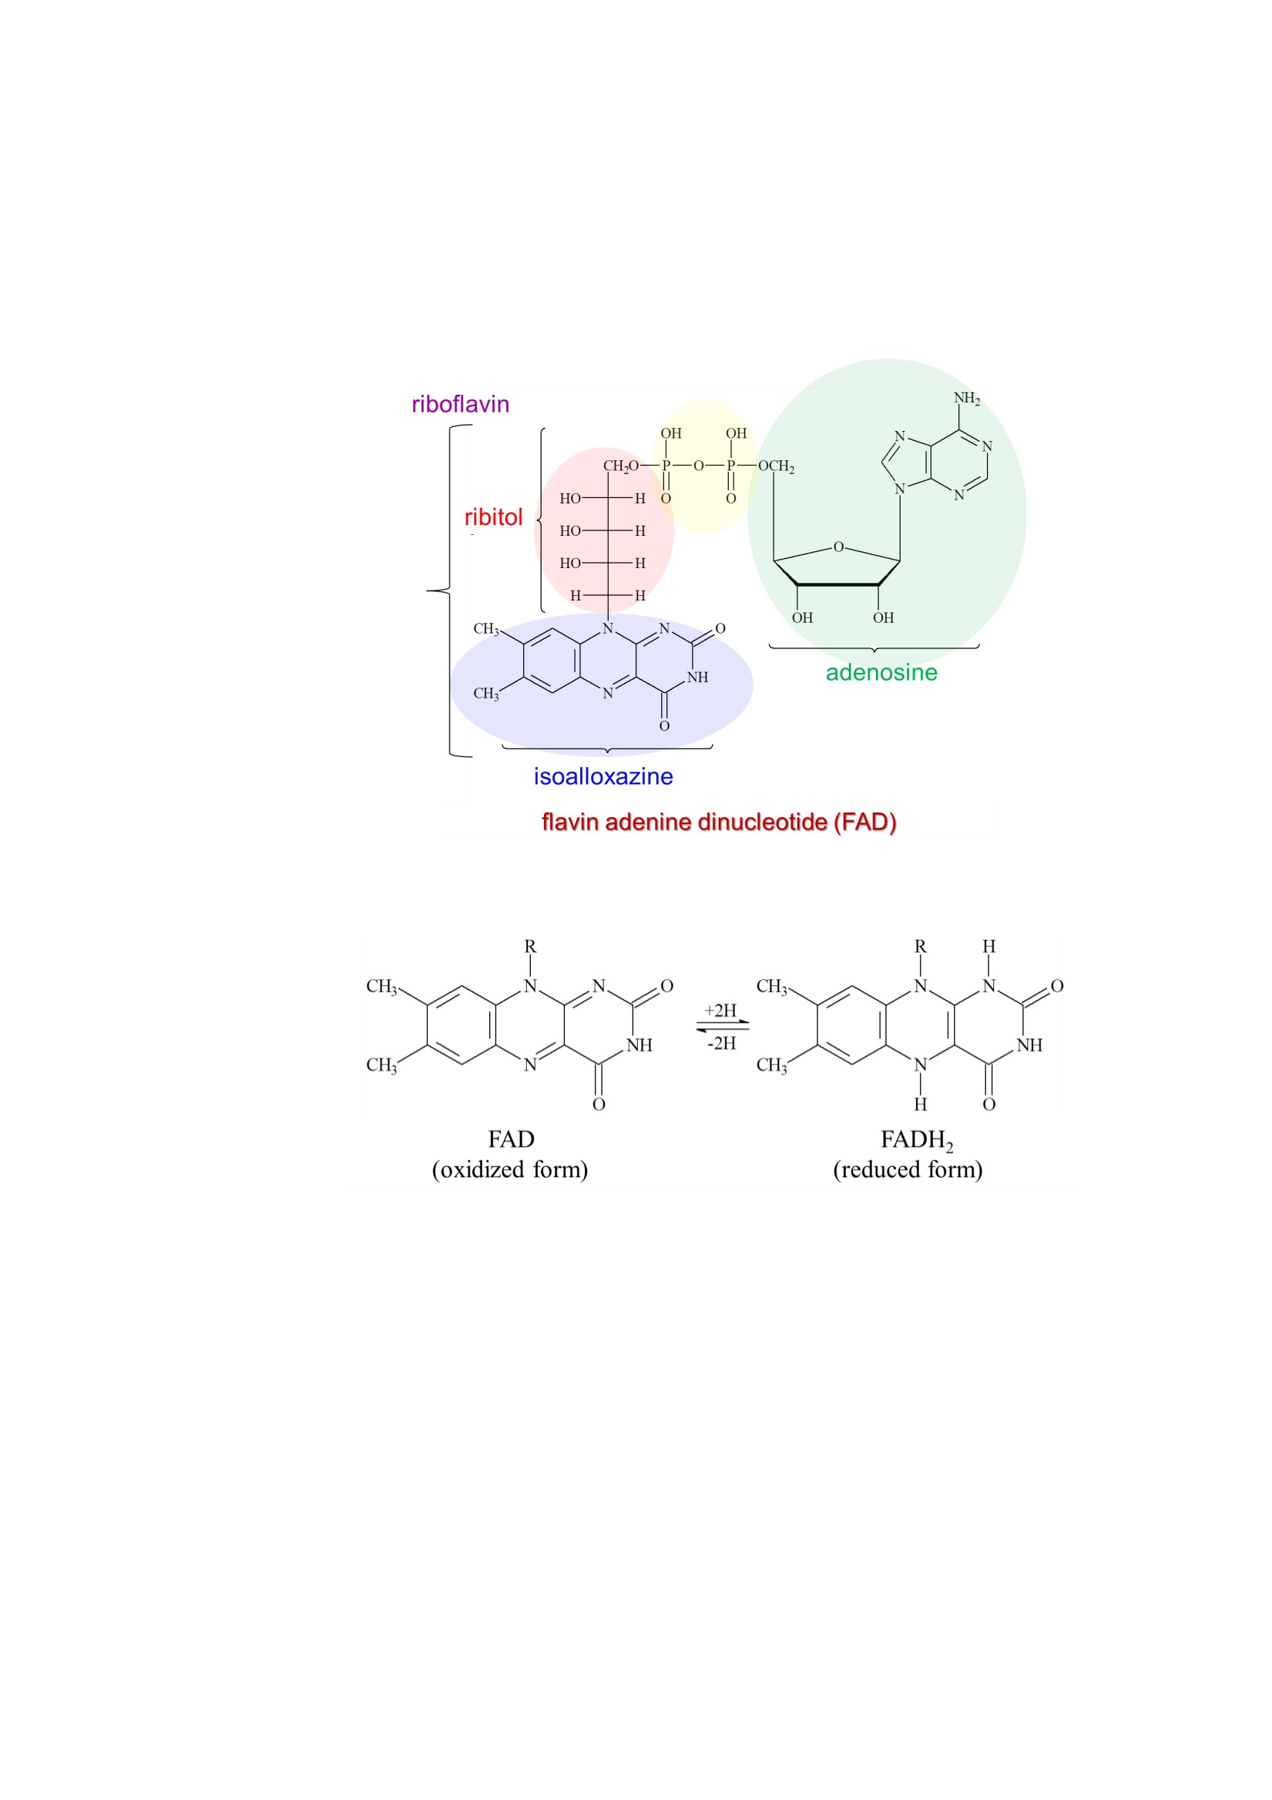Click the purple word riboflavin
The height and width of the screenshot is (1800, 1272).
coord(460,405)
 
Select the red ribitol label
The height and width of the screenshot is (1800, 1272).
coord(493,517)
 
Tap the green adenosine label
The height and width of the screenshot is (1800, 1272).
coord(881,673)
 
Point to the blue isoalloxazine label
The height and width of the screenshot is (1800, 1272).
coord(602,776)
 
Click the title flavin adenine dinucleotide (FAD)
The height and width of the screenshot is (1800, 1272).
coord(719,822)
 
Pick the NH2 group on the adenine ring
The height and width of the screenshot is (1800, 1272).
coord(966,399)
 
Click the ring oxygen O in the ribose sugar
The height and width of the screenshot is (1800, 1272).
coord(837,547)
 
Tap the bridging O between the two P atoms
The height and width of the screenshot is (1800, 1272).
coord(697,466)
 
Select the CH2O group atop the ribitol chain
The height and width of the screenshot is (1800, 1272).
coord(621,466)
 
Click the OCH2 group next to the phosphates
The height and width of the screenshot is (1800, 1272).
coord(776,466)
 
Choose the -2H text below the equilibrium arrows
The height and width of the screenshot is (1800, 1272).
coord(721,1043)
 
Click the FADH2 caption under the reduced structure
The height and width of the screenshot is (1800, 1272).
coord(916,1140)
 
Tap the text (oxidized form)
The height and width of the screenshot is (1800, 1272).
coord(509,1169)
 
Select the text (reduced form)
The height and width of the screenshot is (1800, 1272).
coord(908,1169)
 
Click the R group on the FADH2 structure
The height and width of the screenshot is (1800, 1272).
coord(920,947)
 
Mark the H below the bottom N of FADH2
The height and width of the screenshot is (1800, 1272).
coord(920,1104)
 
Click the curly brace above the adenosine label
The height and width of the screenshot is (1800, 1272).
coord(874,648)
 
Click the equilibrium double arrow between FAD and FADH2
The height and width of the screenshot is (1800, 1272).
coord(723,1026)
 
